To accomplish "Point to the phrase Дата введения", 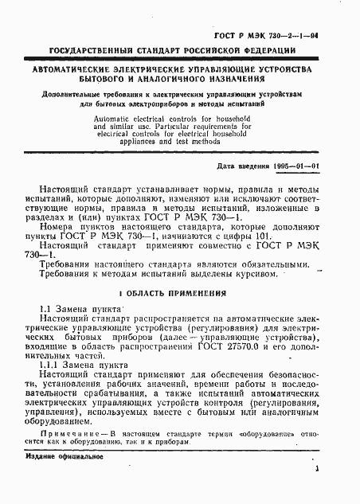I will (x=242, y=166).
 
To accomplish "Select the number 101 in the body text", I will (x=215, y=236).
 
